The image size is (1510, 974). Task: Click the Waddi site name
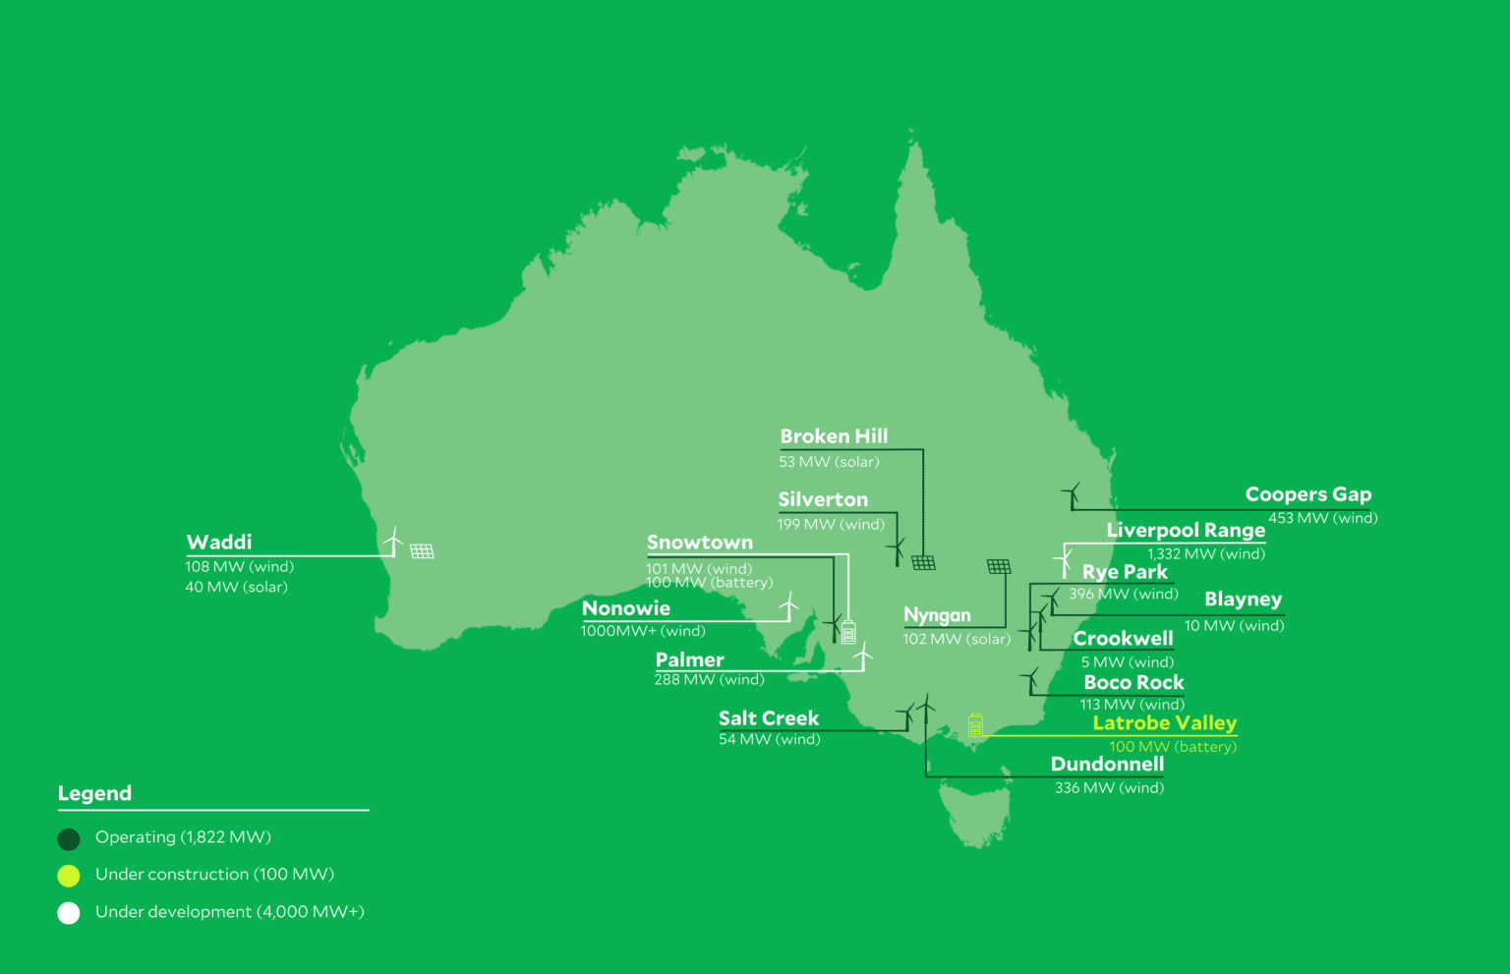click(219, 543)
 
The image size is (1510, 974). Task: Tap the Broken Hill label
click(834, 436)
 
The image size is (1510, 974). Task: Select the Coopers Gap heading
click(1307, 494)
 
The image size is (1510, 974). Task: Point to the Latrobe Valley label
click(1164, 723)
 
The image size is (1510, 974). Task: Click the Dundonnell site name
click(1107, 765)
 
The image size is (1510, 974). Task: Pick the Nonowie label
click(626, 608)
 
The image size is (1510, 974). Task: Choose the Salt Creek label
click(769, 718)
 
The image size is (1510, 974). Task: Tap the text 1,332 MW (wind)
click(1205, 554)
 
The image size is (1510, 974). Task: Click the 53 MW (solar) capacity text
click(829, 462)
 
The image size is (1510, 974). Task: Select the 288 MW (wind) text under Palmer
click(709, 680)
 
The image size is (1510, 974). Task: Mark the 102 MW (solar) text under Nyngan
click(957, 639)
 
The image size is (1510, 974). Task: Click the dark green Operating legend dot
click(69, 838)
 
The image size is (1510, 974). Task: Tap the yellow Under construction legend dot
click(69, 875)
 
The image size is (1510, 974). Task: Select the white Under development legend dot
click(69, 913)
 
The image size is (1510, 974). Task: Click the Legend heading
click(94, 793)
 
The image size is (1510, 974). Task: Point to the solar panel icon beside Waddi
click(422, 551)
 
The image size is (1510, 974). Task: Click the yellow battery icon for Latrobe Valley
click(975, 725)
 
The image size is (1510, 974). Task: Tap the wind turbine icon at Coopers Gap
click(1072, 494)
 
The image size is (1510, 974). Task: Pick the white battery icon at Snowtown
click(848, 632)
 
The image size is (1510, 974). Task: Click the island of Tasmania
click(974, 812)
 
